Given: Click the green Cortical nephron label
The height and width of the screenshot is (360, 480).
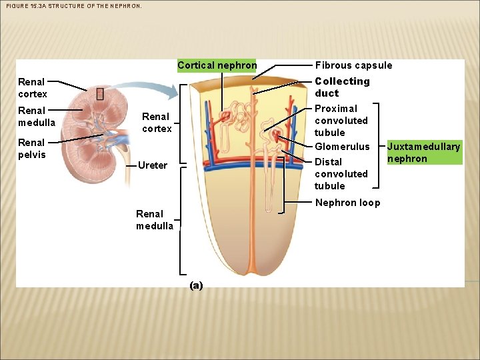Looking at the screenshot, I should (x=217, y=65).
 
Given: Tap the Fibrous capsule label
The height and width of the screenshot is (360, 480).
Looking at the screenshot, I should (x=353, y=65).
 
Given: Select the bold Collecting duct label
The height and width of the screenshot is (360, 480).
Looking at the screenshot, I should (x=342, y=87).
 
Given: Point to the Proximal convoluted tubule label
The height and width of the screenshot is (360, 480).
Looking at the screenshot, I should (x=341, y=121).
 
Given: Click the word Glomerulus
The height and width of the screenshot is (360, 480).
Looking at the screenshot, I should (x=342, y=147).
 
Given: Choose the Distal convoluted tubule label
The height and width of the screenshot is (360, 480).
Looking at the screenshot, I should (x=341, y=174).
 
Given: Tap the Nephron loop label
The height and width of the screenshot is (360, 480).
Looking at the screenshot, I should (x=347, y=203).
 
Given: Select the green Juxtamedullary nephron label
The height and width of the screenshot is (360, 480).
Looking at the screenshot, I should (x=424, y=153).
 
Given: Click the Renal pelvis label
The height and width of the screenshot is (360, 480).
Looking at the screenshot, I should (x=31, y=149).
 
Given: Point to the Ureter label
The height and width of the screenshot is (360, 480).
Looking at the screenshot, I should (x=152, y=165).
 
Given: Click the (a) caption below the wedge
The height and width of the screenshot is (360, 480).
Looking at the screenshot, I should (x=195, y=285).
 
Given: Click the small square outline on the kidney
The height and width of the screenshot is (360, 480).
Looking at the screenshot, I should (x=100, y=94).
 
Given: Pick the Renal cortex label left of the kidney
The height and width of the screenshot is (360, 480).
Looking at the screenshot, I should (x=31, y=88).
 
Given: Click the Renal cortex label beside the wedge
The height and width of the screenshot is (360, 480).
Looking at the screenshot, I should (x=157, y=123).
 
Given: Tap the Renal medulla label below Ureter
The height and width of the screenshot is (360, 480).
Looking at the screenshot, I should (x=155, y=220).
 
